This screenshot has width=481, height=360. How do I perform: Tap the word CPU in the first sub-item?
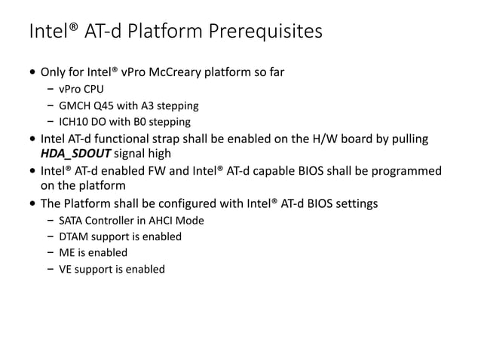coord(93,89)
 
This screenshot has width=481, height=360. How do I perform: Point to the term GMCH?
coord(74,105)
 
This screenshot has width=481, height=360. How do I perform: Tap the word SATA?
coord(72,220)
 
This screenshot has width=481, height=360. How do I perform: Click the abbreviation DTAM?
coord(74,236)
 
